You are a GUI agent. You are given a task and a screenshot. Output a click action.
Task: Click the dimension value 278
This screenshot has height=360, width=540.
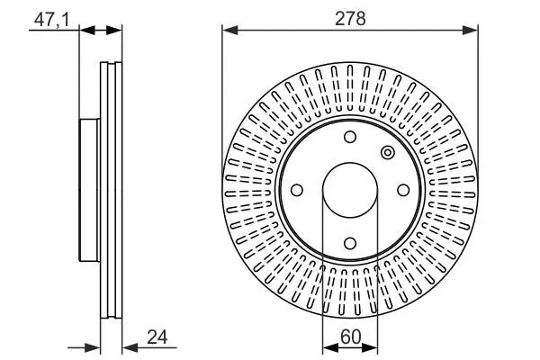(350, 18)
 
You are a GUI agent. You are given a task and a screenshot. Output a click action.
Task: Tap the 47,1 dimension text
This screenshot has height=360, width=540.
(51, 20)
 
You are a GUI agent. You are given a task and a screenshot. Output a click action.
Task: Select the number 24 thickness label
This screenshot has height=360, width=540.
(157, 337)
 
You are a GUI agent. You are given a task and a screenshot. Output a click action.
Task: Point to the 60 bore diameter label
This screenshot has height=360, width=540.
(351, 337)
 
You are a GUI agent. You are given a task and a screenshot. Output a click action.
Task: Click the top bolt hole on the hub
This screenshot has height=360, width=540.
(350, 137)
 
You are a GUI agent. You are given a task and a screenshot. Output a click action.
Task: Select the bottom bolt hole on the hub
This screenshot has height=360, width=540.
(350, 244)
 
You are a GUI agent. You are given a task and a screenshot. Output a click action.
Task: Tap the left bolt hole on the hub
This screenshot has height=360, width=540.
(297, 190)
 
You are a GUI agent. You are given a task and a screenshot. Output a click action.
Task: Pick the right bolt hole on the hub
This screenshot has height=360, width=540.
(403, 190)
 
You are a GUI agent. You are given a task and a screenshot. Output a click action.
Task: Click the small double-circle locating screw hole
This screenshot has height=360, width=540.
(388, 153)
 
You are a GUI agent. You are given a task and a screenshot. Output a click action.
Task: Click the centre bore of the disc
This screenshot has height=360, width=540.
(350, 190)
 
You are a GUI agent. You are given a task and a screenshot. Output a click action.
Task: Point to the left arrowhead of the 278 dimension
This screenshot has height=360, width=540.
(230, 31)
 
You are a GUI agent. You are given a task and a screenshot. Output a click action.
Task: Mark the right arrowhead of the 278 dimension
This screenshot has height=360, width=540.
(471, 31)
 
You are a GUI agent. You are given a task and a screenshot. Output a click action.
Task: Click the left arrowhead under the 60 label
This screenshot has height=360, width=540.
(330, 348)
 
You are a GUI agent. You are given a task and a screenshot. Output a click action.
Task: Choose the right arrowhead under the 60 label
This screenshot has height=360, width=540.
(370, 348)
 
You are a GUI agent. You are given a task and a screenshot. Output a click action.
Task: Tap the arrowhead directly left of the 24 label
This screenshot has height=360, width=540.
(130, 348)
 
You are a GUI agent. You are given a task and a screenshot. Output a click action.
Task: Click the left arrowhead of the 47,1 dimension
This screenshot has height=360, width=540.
(87, 31)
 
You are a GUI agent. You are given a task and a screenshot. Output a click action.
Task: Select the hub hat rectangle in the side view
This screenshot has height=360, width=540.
(89, 190)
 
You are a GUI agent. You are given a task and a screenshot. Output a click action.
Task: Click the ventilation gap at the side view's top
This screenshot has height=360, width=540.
(112, 64)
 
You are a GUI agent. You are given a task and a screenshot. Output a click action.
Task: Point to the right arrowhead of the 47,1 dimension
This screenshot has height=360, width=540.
(114, 31)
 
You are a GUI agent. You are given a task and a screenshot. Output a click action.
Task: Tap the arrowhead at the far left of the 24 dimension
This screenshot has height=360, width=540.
(92, 348)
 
